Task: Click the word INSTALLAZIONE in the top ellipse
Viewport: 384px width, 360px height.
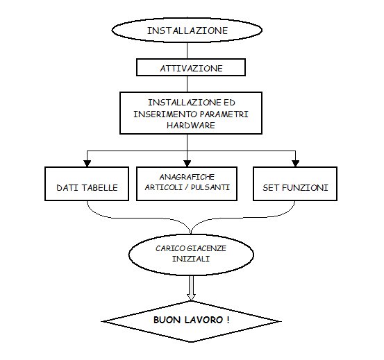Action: (187, 31)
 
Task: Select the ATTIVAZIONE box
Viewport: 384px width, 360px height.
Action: (191, 67)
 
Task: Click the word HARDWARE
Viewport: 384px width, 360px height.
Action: (191, 126)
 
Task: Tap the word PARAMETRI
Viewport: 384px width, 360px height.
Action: (224, 114)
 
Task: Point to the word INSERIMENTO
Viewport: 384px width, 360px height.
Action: (165, 114)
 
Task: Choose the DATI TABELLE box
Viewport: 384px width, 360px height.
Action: (87, 184)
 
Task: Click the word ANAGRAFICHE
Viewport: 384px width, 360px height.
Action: (187, 177)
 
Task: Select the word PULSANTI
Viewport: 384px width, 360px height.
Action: (210, 187)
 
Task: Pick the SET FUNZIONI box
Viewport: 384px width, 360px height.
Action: (295, 184)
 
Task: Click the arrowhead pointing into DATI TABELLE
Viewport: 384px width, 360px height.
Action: (87, 164)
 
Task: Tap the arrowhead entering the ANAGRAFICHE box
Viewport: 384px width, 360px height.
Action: (187, 164)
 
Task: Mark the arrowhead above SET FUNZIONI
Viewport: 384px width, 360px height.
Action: (296, 164)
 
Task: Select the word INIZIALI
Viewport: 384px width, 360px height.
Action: (191, 259)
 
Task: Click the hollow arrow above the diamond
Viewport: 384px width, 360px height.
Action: (191, 288)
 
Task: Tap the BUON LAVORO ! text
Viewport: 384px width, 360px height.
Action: (191, 320)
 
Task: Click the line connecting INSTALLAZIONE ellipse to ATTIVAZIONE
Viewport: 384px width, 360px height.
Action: (187, 51)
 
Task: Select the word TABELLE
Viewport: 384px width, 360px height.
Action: (100, 188)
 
